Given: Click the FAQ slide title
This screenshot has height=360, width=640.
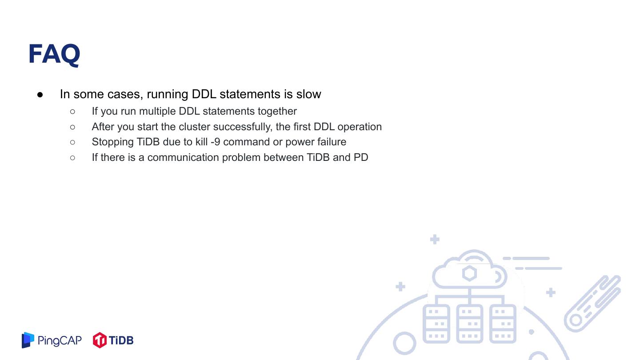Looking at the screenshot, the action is point(54,54).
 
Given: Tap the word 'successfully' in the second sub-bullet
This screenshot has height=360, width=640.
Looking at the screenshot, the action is point(242,127).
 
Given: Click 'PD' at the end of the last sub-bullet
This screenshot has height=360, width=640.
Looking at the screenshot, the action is point(361,157).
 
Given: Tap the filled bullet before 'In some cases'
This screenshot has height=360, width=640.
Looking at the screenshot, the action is point(40,95).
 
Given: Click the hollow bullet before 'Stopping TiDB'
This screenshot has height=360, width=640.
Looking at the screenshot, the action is point(72,142).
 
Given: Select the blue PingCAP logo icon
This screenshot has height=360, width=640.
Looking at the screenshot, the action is point(28,340).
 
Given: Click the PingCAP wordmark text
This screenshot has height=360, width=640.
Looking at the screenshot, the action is point(60,340).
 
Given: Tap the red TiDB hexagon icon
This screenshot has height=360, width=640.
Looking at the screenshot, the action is point(100,340).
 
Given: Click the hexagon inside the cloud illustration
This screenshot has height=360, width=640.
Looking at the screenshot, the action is point(469,273).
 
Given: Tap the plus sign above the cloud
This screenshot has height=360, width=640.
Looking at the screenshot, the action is point(435,240).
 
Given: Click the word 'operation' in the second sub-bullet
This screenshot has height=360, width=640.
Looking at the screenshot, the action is point(360,127).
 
